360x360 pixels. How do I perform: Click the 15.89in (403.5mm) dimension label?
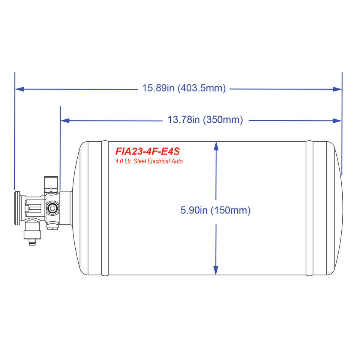point(184,88)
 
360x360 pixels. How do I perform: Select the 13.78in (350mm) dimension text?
point(205,120)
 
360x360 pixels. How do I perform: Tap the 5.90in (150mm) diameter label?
point(215,210)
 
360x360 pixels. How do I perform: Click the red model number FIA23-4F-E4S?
point(147,151)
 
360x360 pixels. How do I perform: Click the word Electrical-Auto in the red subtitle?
point(165,161)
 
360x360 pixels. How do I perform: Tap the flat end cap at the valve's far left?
point(17,208)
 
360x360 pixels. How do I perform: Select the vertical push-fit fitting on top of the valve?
point(48,183)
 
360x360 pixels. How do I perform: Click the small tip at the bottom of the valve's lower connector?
point(32,243)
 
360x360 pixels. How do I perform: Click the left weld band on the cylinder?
point(105,208)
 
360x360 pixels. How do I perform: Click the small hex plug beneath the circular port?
point(53,226)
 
